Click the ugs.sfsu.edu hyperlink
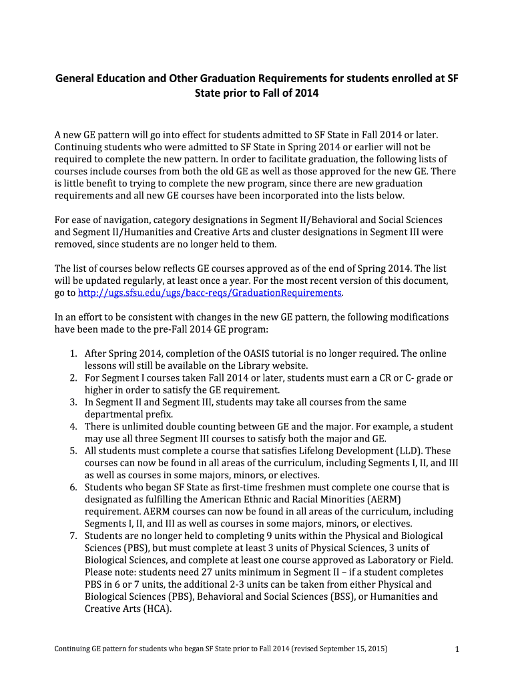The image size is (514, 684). pos(210,293)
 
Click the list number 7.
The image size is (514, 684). pos(73,536)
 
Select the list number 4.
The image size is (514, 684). pos(73,426)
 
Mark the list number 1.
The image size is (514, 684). pos(73,353)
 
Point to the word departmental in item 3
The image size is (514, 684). pos(114,414)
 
